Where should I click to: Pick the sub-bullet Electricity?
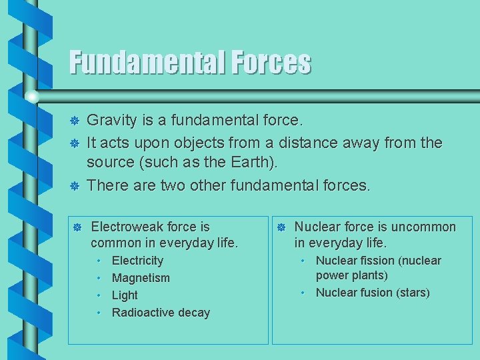[137, 261]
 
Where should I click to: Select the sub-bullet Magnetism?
[141, 278]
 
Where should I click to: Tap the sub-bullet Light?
[125, 295]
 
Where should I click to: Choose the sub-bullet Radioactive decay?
[161, 313]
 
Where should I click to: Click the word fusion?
[376, 293]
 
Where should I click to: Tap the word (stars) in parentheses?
[413, 293]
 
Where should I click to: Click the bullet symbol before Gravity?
[75, 121]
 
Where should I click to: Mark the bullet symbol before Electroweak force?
[77, 227]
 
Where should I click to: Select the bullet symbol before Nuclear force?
[281, 227]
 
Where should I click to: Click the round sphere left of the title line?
[32, 97]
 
